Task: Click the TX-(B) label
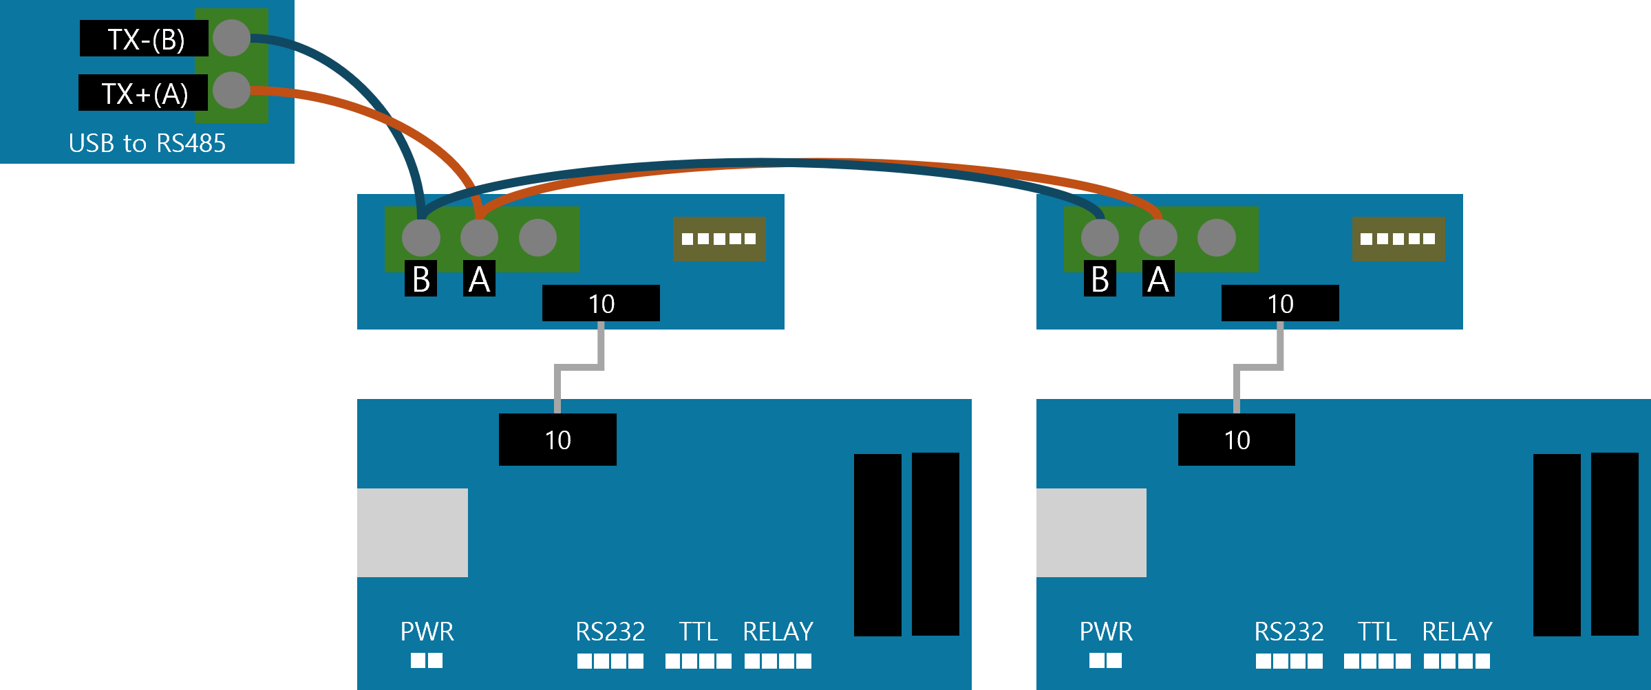coord(145,39)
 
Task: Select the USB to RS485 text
coord(147,143)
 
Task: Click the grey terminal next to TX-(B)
coord(231,38)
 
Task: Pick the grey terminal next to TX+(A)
coord(231,90)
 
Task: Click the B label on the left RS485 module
coord(420,279)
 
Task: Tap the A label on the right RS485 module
coord(1158,279)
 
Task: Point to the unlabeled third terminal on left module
coord(537,238)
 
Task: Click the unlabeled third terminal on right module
coord(1216,238)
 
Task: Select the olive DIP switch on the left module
coord(719,239)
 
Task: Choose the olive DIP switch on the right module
coord(1398,239)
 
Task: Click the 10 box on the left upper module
coord(601,303)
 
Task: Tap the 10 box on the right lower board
coord(1237,440)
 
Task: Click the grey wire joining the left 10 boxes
coord(579,366)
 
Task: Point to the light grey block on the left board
coord(412,532)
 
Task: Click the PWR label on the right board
coord(1105,631)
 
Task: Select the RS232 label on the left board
coord(610,631)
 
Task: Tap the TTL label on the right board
coord(1376,631)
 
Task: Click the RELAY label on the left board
coord(778,631)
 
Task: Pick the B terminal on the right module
coord(1100,238)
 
